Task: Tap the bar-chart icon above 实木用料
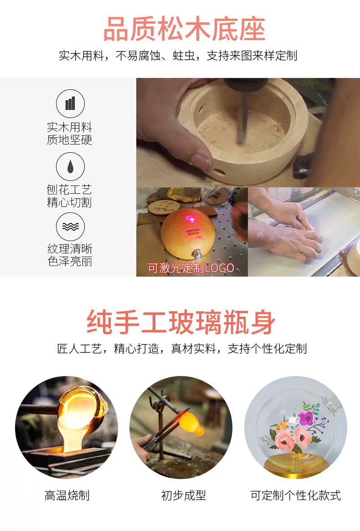[70, 103]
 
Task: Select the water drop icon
[70, 166]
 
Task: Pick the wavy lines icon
[70, 227]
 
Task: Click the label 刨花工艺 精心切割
[69, 196]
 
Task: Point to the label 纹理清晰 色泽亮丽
[70, 255]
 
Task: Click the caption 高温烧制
[67, 495]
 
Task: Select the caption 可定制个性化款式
[295, 495]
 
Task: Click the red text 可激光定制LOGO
[191, 268]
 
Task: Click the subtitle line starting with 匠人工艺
[182, 349]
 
